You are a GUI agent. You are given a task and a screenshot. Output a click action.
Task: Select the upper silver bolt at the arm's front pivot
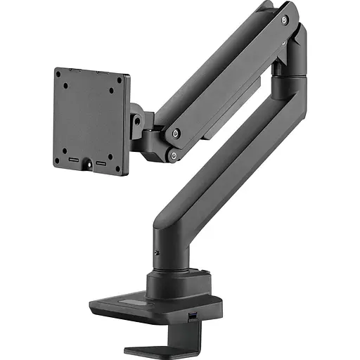click(176, 133)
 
